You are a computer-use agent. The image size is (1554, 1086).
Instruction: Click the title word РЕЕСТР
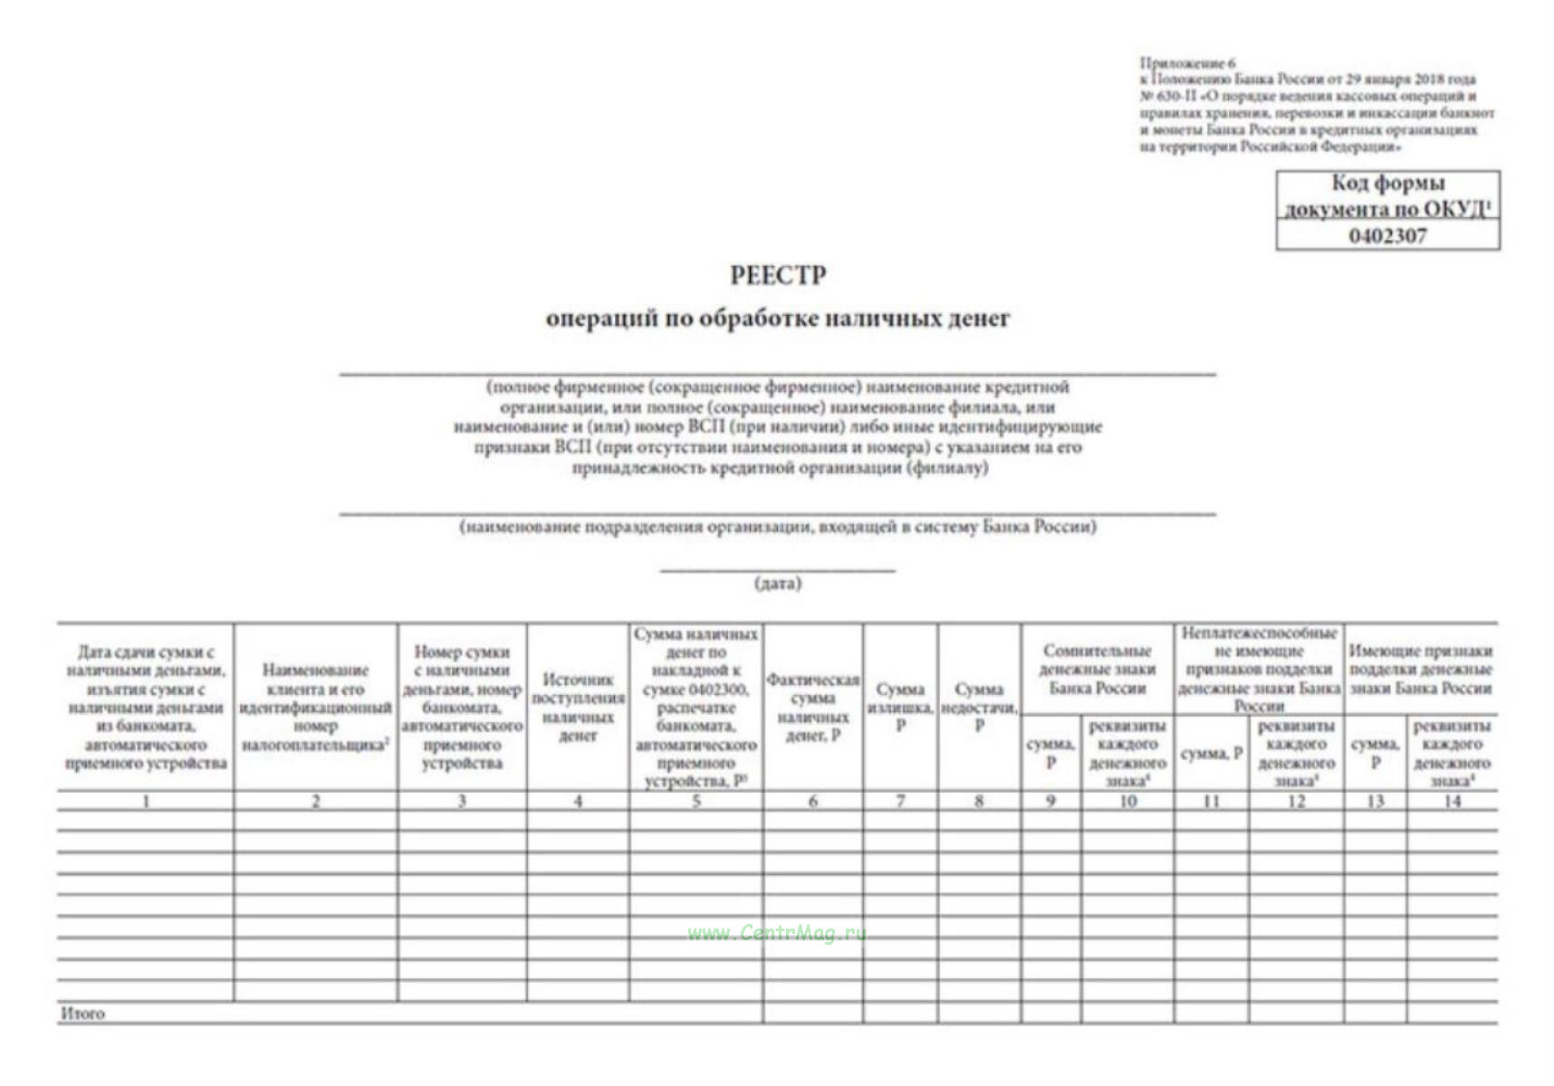pyautogui.click(x=778, y=275)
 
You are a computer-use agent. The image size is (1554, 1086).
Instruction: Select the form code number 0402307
pyautogui.click(x=1387, y=236)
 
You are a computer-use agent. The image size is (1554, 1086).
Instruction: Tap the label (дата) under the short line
pyautogui.click(x=778, y=584)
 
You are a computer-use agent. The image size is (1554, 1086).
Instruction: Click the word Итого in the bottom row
pyautogui.click(x=82, y=1014)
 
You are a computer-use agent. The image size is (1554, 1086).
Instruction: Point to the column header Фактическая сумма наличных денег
pyautogui.click(x=812, y=707)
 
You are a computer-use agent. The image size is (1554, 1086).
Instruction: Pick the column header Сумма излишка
pyautogui.click(x=900, y=707)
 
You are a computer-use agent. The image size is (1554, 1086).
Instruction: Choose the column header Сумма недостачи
pyautogui.click(x=979, y=707)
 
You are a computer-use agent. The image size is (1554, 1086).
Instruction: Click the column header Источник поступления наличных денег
pyautogui.click(x=578, y=707)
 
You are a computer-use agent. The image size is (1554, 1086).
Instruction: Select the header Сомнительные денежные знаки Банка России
pyautogui.click(x=1097, y=669)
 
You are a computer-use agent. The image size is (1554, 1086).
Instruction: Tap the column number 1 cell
pyautogui.click(x=146, y=801)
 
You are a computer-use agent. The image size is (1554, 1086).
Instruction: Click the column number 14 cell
pyautogui.click(x=1452, y=801)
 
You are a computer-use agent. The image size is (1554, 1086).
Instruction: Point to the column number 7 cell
pyautogui.click(x=900, y=801)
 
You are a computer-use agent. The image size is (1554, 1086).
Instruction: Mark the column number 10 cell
pyautogui.click(x=1127, y=801)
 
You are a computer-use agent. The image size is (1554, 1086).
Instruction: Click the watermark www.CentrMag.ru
pyautogui.click(x=776, y=933)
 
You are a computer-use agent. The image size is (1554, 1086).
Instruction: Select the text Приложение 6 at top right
pyautogui.click(x=1187, y=63)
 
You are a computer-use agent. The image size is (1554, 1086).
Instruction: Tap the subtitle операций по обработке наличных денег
pyautogui.click(x=778, y=319)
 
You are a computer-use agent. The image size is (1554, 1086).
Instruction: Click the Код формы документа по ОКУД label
pyautogui.click(x=1387, y=195)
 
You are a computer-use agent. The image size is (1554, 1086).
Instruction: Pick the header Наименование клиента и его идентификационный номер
pyautogui.click(x=315, y=707)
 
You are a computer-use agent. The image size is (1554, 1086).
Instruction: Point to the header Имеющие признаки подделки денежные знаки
pyautogui.click(x=1420, y=669)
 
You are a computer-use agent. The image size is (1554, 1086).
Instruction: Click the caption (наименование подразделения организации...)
pyautogui.click(x=778, y=527)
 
